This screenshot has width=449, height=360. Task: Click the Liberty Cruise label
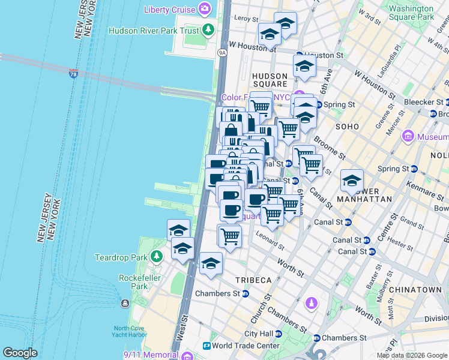click(170, 10)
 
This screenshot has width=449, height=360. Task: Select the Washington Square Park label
click(411, 13)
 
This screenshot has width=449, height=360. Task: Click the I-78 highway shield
click(73, 74)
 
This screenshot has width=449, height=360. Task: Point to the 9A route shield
click(222, 53)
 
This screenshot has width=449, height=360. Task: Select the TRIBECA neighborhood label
click(253, 280)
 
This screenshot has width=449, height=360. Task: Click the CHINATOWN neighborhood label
click(419, 290)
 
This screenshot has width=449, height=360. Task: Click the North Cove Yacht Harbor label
click(137, 332)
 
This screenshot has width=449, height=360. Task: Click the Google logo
click(20, 353)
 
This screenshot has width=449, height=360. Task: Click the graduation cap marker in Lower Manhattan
click(352, 180)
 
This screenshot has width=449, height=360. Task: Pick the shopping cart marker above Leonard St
click(230, 235)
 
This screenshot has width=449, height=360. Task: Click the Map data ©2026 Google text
click(411, 355)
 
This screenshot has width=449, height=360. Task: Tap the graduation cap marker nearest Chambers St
click(211, 263)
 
